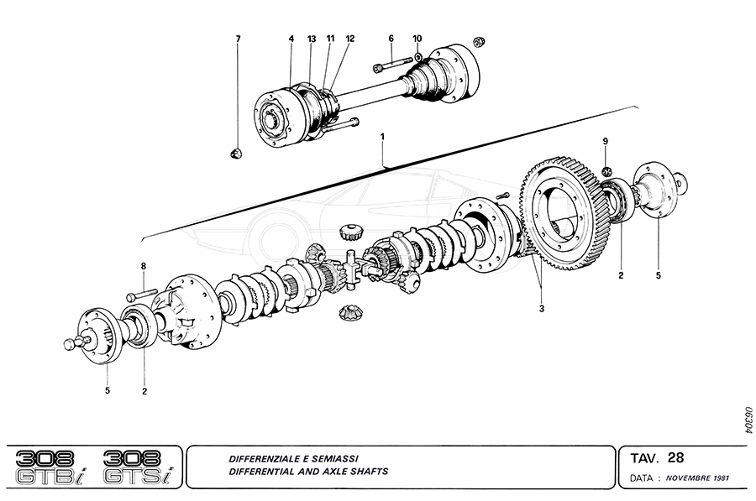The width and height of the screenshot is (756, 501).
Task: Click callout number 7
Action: (x=238, y=39)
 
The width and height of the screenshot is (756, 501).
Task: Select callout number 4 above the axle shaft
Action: (x=291, y=39)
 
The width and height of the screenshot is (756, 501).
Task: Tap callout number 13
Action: (x=311, y=39)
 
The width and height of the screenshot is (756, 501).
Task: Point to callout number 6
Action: (x=391, y=39)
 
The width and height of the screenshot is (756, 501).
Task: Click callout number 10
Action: (x=417, y=39)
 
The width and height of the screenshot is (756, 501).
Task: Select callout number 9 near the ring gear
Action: (x=605, y=142)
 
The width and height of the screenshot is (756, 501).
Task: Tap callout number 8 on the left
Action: (x=144, y=267)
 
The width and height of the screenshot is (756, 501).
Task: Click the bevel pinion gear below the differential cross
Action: (x=349, y=313)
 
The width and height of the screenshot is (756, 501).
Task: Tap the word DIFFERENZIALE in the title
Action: (x=264, y=459)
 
